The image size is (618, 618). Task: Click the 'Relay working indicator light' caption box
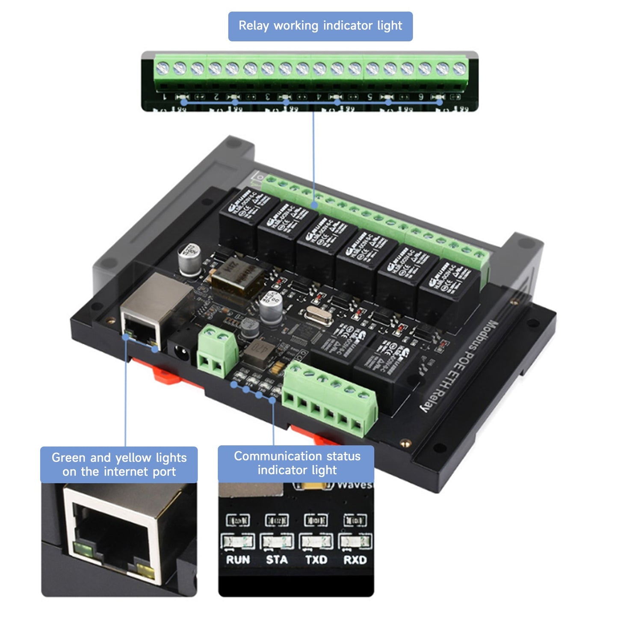click(320, 26)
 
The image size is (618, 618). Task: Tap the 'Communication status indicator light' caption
click(296, 463)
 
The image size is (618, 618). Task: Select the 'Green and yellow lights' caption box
click(119, 464)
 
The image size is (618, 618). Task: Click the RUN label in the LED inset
click(238, 560)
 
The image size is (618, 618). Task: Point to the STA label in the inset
click(277, 560)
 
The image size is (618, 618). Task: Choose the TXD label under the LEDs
click(316, 560)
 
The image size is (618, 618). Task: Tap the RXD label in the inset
click(355, 560)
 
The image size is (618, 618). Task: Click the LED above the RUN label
click(238, 542)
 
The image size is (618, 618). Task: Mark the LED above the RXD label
click(355, 542)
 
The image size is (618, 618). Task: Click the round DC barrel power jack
click(181, 352)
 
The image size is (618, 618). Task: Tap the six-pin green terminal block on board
click(329, 398)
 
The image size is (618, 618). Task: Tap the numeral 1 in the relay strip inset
click(165, 97)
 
